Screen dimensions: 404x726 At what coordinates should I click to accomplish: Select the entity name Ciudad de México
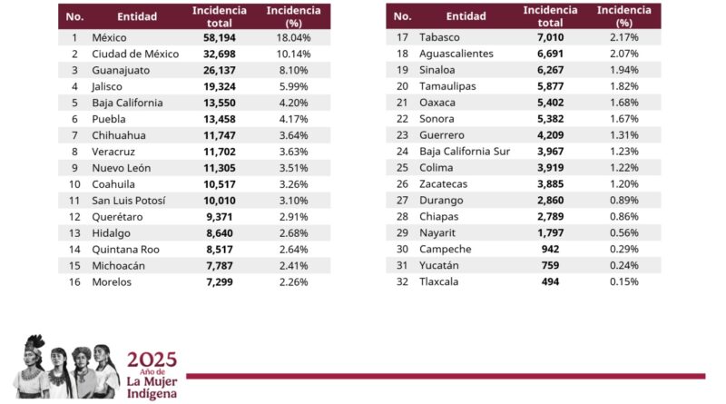[135, 54]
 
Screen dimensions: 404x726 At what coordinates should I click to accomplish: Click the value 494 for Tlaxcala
[550, 281]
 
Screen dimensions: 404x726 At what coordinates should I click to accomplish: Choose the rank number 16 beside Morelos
[74, 281]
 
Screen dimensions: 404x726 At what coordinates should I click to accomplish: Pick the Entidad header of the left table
[137, 16]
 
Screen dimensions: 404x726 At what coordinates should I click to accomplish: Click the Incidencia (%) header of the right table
[623, 16]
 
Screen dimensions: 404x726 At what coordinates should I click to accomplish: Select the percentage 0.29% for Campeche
[623, 249]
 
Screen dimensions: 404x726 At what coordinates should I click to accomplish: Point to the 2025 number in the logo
[152, 359]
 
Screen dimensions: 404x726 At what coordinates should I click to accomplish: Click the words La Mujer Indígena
[152, 386]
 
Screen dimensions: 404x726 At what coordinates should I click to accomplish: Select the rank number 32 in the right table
[403, 281]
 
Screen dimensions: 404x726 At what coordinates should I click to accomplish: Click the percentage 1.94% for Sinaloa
[623, 71]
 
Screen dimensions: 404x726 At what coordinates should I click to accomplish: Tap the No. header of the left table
[74, 16]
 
